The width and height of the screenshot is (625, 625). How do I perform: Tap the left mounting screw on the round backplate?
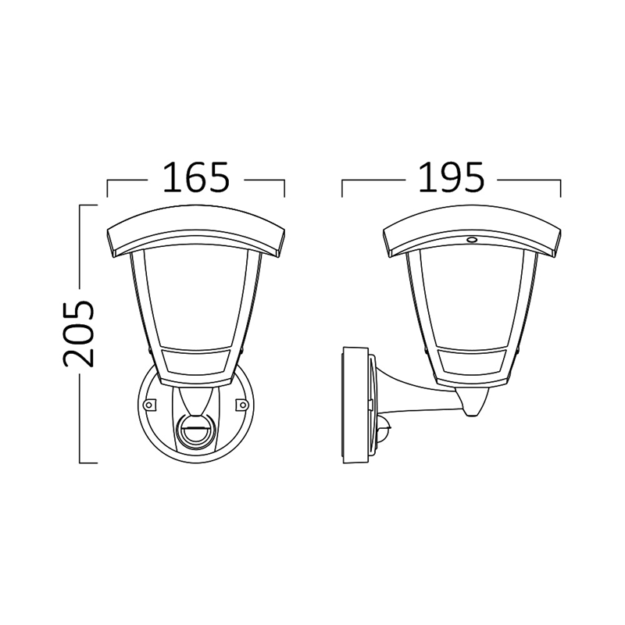149,405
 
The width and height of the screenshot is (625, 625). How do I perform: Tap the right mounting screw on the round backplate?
242,405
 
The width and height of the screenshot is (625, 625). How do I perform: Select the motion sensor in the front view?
195,430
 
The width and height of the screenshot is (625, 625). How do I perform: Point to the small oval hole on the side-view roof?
471,240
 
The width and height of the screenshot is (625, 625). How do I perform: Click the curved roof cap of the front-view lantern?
196,231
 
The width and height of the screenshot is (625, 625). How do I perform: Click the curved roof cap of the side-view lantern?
472,231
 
